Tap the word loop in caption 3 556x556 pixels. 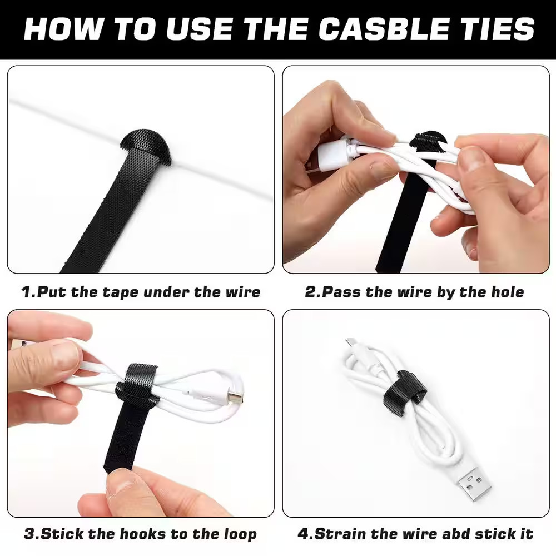pos(237,535)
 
